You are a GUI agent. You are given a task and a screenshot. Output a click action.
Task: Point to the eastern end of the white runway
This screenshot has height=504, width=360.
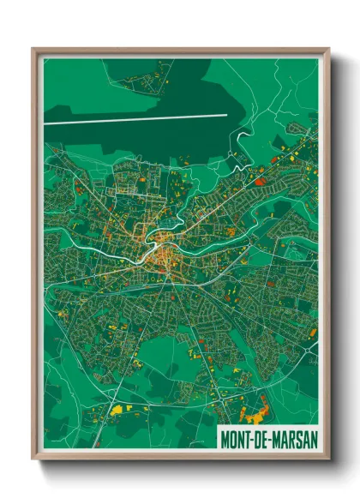pos(227,115)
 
